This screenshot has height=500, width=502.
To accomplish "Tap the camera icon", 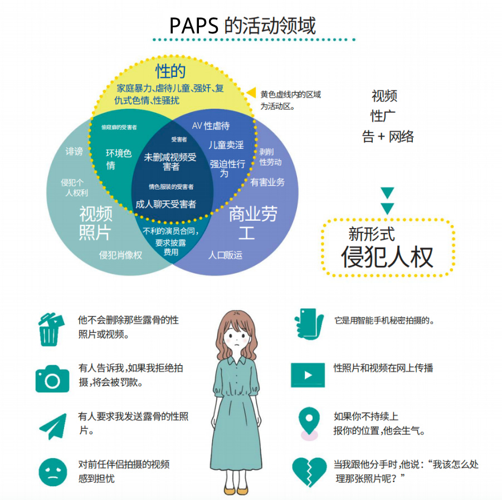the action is [52, 378].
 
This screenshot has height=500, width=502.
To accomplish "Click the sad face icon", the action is [52, 471].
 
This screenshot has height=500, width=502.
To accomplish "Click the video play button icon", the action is [308, 375].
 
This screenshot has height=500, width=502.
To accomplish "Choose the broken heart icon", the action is [309, 471].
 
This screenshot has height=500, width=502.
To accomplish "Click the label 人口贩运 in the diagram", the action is [226, 255].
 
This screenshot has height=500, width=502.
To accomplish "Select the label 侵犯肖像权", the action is [121, 255].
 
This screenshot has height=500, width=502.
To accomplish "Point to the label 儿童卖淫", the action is [226, 145].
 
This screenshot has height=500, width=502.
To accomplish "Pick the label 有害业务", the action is [267, 182].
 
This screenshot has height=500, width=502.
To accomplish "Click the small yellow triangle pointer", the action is [251, 93].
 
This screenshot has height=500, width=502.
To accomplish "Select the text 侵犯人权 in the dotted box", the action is [387, 257].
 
